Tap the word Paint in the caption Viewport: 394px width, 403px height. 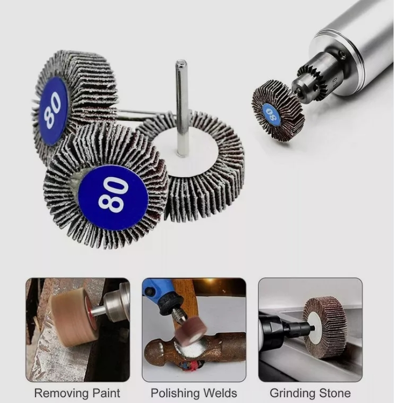106,393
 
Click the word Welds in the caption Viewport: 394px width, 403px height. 220,393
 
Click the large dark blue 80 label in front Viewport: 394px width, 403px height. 113,198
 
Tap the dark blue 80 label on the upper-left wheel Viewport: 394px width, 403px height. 53,111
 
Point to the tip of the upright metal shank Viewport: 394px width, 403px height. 181,61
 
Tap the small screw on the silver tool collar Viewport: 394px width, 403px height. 342,53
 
